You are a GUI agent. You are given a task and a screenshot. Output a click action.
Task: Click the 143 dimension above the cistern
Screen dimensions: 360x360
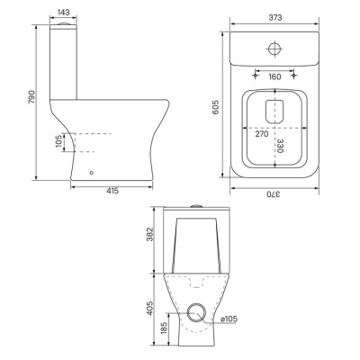coord(63,13)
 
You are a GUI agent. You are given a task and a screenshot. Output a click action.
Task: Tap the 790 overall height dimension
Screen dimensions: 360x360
coord(31,97)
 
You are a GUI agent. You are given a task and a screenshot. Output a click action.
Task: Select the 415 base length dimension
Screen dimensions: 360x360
coord(112,191)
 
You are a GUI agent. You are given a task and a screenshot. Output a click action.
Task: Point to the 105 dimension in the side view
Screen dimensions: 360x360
coord(58,142)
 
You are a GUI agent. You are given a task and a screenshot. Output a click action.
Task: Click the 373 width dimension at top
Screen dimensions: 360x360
coord(275,18)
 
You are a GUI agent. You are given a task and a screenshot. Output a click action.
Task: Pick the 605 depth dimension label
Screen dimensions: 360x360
coord(215,107)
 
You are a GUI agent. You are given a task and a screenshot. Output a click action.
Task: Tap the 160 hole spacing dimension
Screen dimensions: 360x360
coord(274,76)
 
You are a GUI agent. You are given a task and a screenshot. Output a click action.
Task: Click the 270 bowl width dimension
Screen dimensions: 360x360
coord(262,134)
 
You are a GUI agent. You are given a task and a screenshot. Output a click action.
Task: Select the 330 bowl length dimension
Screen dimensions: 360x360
coord(280,146)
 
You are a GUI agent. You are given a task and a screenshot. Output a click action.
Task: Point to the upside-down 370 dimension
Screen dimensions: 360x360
coord(274,194)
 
